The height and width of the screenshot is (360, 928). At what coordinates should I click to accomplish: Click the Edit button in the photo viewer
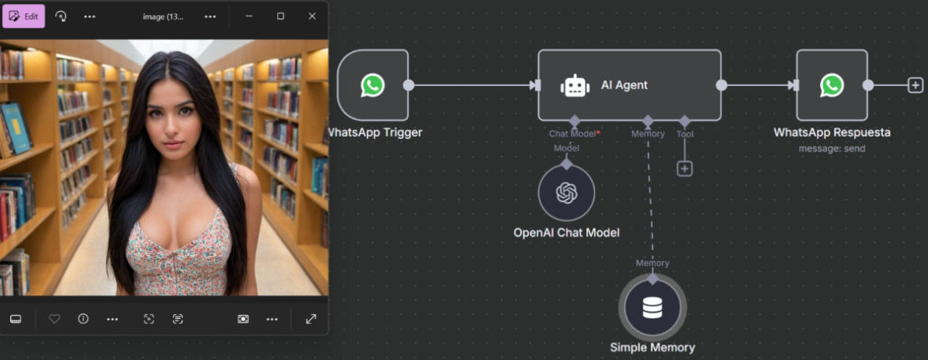coord(24,17)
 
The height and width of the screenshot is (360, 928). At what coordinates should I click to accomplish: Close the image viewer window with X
coord(312,17)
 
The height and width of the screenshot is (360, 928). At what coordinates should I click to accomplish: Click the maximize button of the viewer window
coord(281,17)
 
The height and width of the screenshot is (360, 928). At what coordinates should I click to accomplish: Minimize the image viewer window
coord(249,17)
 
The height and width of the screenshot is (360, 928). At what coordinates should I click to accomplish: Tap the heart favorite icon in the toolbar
coord(54,319)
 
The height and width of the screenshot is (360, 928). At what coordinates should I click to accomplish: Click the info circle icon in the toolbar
coord(84,319)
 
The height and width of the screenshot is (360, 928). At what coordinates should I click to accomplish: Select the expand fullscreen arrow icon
coord(311,319)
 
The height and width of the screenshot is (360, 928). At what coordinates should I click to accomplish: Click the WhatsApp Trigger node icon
coord(372,85)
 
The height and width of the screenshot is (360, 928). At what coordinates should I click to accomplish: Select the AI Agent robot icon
coord(574,85)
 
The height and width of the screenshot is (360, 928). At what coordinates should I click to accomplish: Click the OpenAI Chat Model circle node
coord(567,193)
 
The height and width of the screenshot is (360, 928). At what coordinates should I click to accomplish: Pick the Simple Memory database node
coord(652,307)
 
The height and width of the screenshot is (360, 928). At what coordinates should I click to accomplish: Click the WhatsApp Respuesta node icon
coord(832,85)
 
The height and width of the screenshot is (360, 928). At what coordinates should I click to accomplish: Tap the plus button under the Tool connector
coord(685,169)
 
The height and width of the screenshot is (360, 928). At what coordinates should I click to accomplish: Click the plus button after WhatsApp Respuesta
coord(915,85)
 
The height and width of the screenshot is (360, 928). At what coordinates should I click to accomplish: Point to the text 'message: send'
coord(832,148)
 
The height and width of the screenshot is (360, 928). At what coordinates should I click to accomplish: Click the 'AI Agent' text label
coord(624,85)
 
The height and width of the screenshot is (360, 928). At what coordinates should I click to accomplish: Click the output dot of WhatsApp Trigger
coord(409,85)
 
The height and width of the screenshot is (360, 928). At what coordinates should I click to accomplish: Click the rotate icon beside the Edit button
coord(61,17)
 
